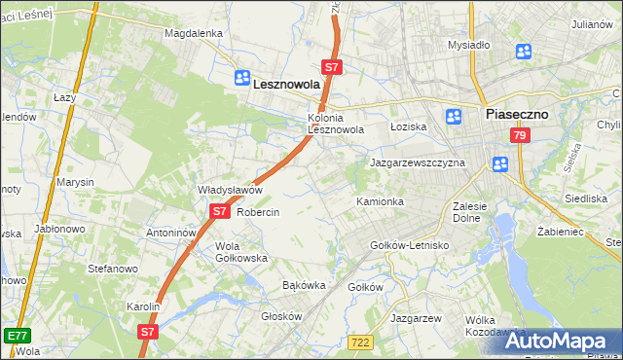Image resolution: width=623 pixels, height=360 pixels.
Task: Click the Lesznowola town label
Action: (287, 85)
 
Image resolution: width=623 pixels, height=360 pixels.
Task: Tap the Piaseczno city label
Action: (517, 114)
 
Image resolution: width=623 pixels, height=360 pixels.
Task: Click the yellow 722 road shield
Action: (360, 341)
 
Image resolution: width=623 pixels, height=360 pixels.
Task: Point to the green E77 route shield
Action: (16, 336)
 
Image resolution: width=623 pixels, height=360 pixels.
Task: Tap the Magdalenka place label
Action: (194, 33)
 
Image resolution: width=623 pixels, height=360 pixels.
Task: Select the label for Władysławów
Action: (231, 190)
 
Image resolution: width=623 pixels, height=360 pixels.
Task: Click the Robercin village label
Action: (258, 212)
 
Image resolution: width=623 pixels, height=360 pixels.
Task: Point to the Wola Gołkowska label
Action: (241, 252)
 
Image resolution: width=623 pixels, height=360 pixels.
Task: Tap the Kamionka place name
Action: (380, 201)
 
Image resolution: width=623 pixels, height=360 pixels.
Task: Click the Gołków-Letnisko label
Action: (410, 245)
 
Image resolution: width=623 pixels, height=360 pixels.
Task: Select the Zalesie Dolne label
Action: (476, 212)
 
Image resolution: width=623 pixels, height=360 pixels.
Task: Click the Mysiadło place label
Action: (468, 45)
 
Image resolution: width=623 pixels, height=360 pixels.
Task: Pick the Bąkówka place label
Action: (303, 286)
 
